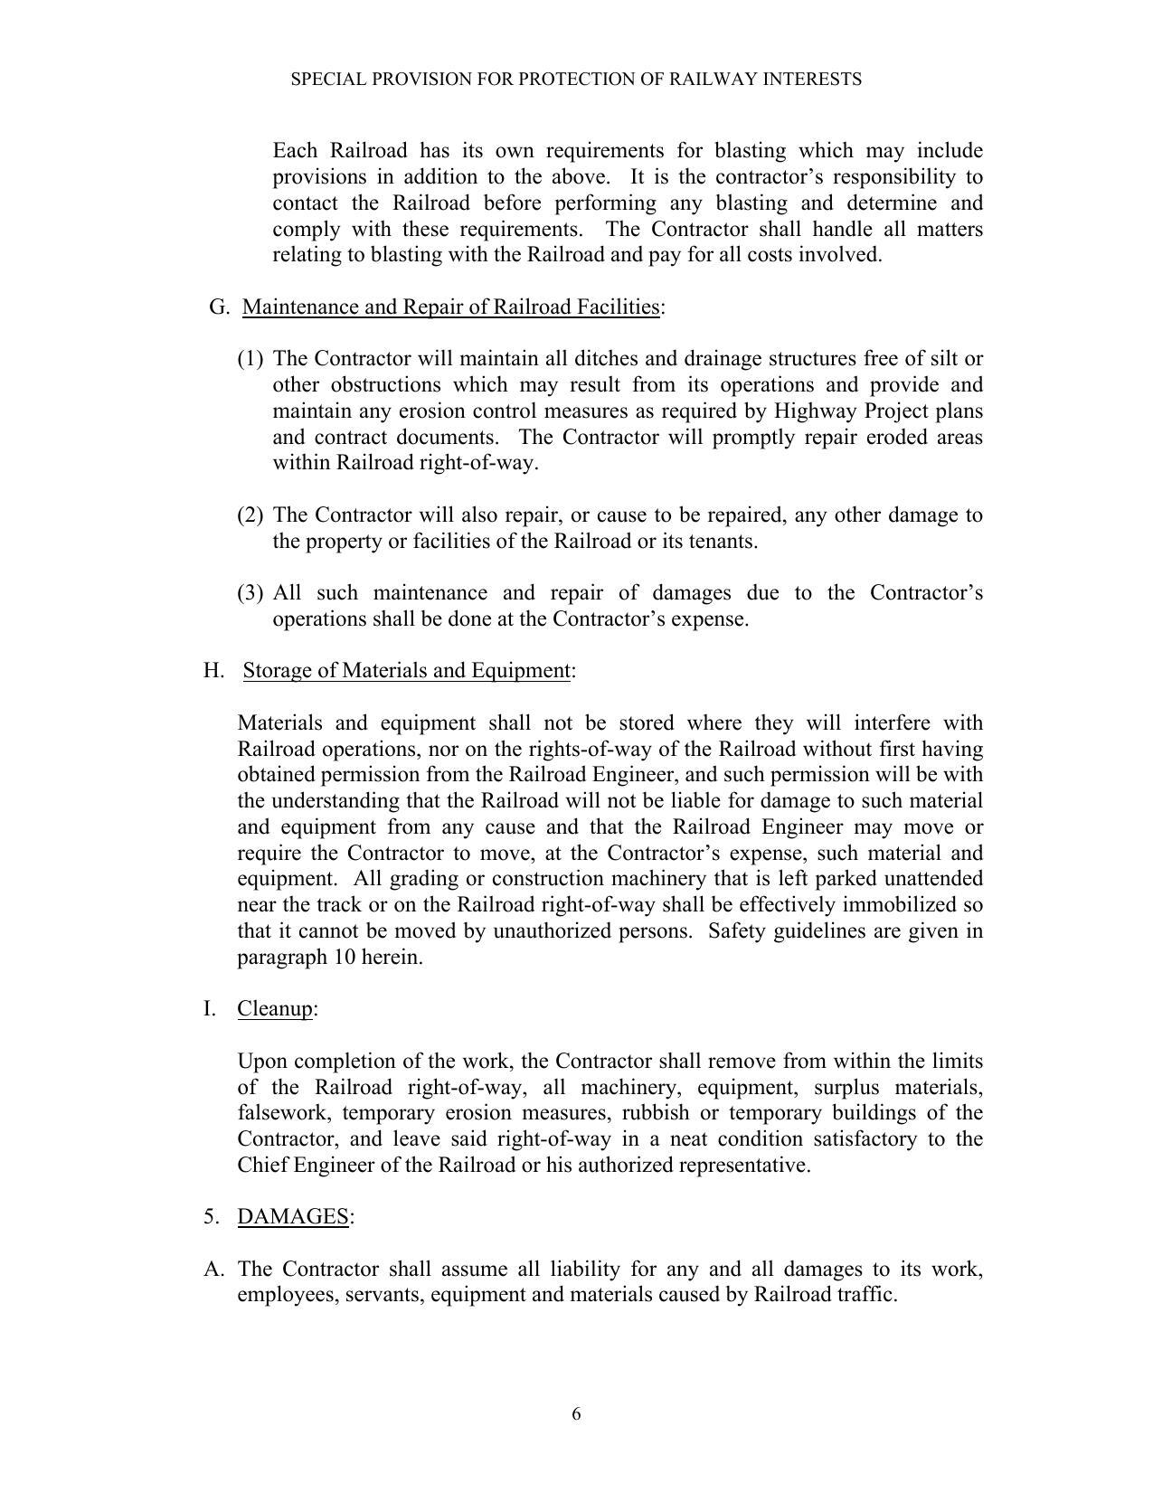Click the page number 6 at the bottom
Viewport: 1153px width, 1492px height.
point(576,1414)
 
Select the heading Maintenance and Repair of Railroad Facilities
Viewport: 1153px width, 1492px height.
point(450,307)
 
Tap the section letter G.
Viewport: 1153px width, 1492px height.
point(219,307)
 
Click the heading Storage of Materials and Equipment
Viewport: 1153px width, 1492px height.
point(406,671)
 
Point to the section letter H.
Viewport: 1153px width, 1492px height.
point(213,671)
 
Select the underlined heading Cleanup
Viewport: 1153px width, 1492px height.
point(275,1009)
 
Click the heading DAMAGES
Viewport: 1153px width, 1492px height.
point(293,1217)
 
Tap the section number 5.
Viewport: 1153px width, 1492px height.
point(210,1217)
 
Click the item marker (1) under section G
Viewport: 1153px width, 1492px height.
point(250,360)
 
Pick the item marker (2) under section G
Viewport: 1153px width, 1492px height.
point(250,515)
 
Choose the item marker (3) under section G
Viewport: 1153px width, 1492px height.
point(250,594)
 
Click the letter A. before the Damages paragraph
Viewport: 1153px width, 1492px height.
point(213,1270)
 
